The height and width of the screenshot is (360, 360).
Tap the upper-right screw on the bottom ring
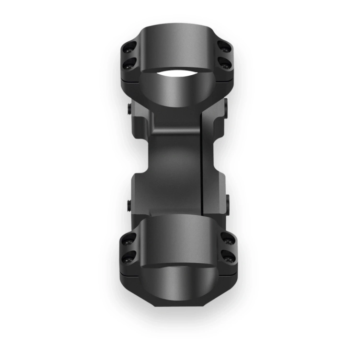(x=227, y=238)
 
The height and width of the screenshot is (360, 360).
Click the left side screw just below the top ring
(x=130, y=109)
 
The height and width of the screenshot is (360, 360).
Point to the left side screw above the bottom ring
(x=130, y=205)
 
